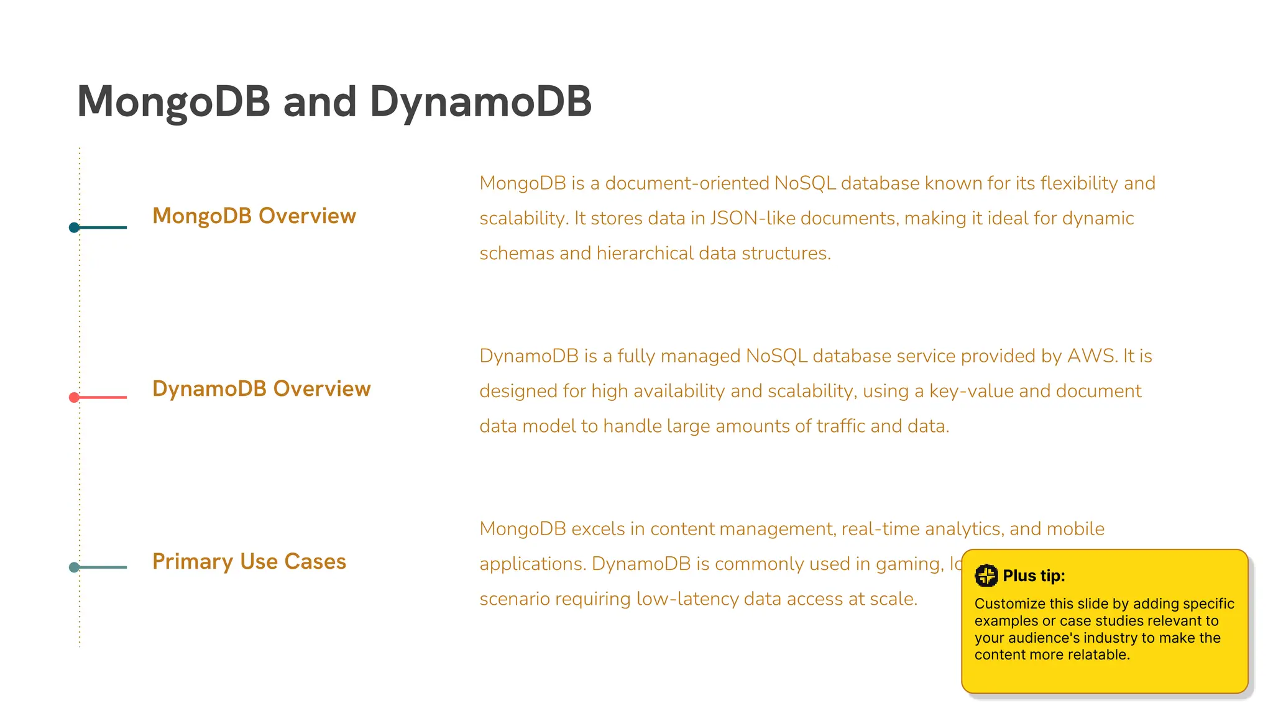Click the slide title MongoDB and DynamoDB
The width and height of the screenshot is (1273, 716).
click(334, 101)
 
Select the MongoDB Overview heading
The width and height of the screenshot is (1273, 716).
click(254, 216)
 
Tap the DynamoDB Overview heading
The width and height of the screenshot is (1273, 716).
click(261, 388)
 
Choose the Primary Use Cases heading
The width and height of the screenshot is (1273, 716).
click(249, 561)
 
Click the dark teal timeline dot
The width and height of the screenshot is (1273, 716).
click(74, 227)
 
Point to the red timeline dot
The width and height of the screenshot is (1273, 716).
click(74, 397)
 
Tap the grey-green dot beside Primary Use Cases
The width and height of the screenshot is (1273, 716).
click(74, 567)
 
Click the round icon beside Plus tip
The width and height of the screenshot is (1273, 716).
click(986, 576)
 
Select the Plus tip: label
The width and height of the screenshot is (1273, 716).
click(1034, 576)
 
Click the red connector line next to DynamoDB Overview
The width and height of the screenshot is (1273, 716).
click(103, 397)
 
